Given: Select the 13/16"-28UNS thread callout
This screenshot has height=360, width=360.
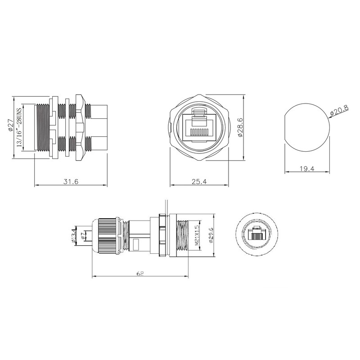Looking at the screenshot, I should point(19,128).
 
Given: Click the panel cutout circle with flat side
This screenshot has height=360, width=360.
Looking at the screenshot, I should point(306,127).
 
